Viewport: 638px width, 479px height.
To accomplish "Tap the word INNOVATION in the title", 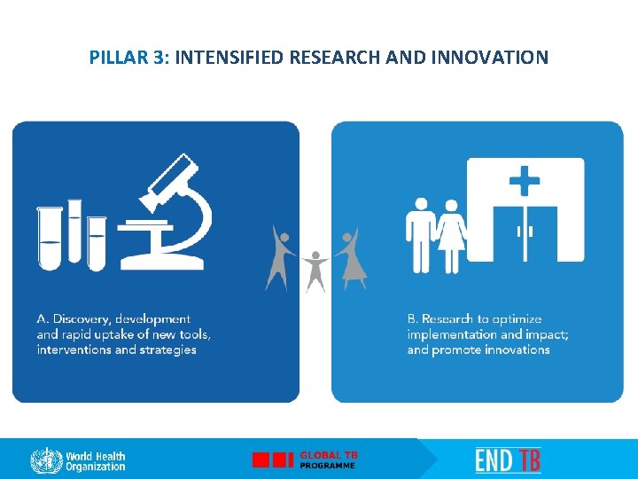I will click(491, 59).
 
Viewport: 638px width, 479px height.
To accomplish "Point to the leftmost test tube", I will click(50, 236).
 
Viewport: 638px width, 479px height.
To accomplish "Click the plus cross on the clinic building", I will click(525, 183).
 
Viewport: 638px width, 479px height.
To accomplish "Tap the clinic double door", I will click(525, 232).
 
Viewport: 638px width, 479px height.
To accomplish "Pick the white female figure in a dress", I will click(451, 234).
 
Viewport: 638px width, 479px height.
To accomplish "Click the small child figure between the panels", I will click(314, 271).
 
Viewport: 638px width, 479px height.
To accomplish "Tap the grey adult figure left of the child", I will click(281, 256).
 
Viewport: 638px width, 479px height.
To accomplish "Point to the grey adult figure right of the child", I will click(349, 257).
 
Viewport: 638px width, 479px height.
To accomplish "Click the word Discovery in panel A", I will click(83, 318).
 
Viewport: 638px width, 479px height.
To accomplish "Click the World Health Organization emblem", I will click(46, 460).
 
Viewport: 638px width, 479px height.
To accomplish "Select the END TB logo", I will click(508, 460).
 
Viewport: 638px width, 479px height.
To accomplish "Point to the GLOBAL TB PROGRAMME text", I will click(328, 459).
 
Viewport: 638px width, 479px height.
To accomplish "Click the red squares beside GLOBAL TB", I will click(273, 460).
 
